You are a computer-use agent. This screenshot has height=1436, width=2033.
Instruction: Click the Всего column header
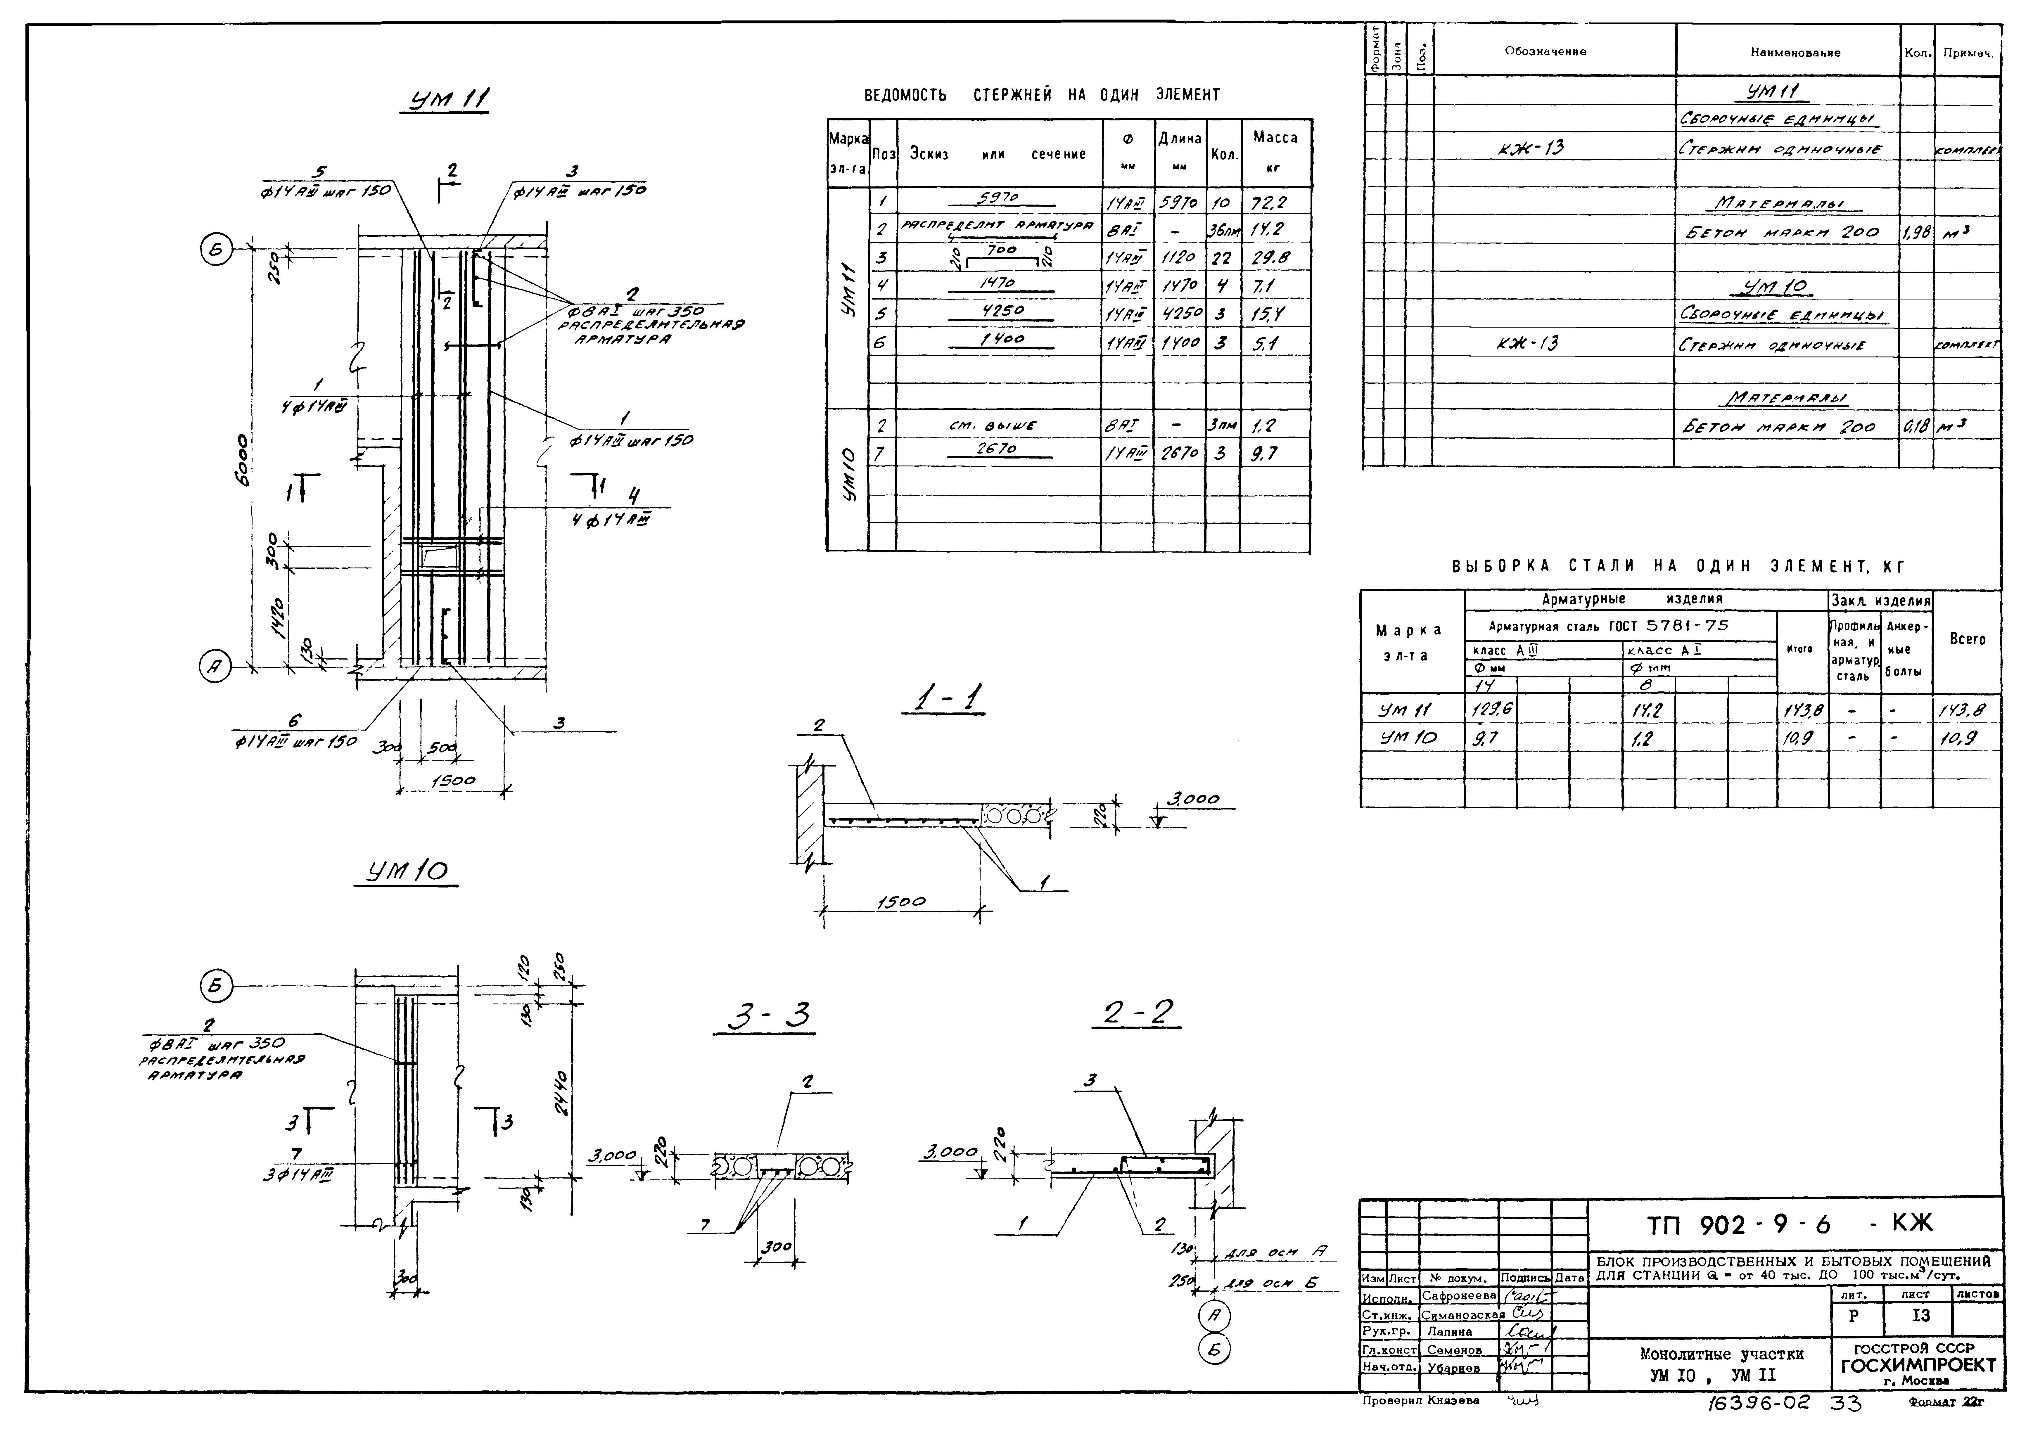click(x=1968, y=639)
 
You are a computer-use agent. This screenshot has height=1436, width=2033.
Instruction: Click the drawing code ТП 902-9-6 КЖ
click(x=1789, y=1224)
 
